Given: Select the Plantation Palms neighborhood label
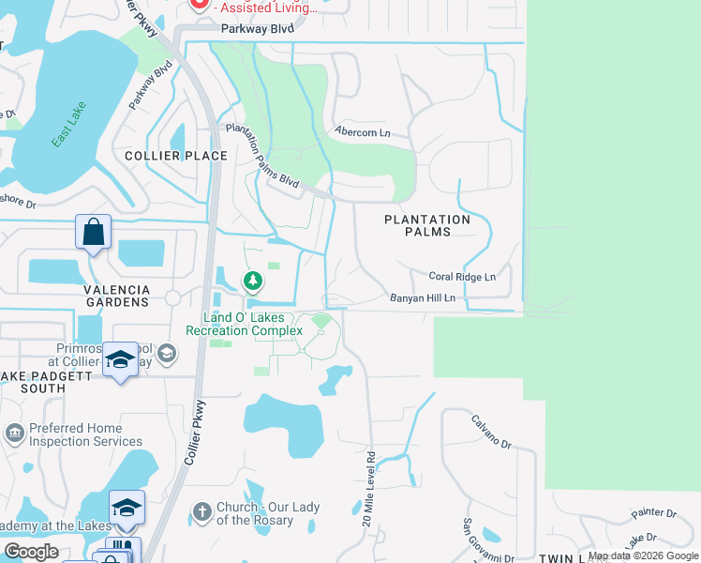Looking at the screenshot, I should coord(427,225).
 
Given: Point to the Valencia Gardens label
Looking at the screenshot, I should coord(117,296).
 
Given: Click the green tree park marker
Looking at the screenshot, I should coord(252,281).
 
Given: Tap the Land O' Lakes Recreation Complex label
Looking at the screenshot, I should coord(244,325).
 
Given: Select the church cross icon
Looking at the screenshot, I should coord(201,512).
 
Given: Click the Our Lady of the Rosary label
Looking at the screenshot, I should coord(266,513).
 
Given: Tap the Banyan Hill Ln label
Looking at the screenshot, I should coord(423,298).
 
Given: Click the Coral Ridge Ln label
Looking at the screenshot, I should coord(462,277).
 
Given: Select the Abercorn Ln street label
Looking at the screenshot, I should coord(363,133).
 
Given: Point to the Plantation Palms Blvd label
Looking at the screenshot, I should coord(261,158).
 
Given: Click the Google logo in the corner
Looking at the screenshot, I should coord(31,552).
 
